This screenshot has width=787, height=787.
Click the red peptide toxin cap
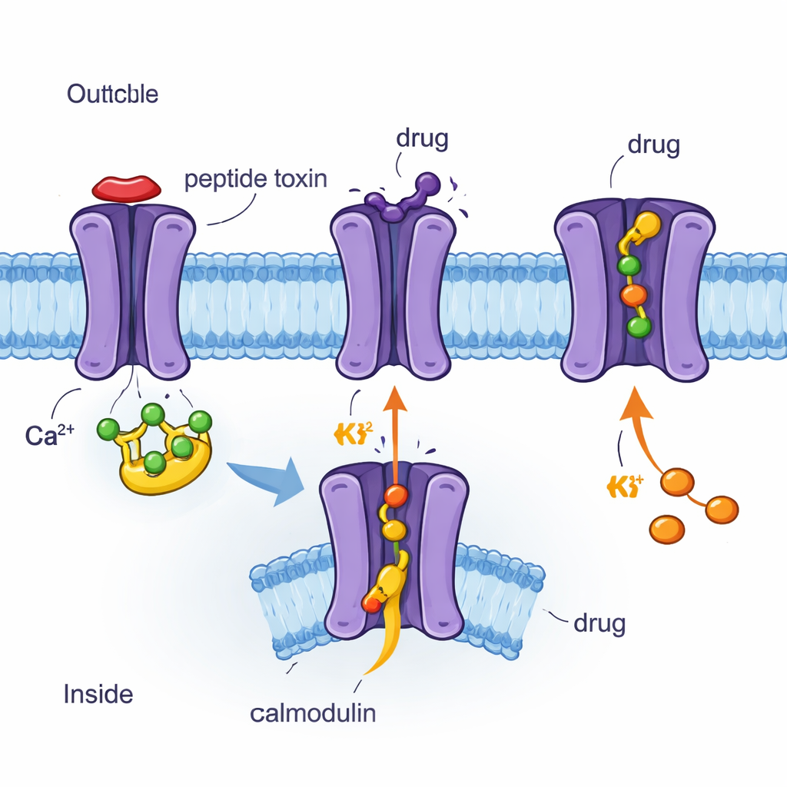click(x=127, y=188)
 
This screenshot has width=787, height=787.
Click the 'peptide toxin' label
click(x=255, y=179)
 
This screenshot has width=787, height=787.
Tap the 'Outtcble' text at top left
click(x=112, y=95)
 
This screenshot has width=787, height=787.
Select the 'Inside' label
click(x=98, y=694)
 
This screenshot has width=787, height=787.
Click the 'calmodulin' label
click(x=313, y=712)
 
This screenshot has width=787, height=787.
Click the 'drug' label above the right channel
click(x=653, y=145)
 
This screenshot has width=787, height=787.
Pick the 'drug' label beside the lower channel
click(x=599, y=623)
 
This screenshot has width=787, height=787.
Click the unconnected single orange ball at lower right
click(x=666, y=529)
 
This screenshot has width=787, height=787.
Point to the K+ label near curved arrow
click(x=624, y=486)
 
